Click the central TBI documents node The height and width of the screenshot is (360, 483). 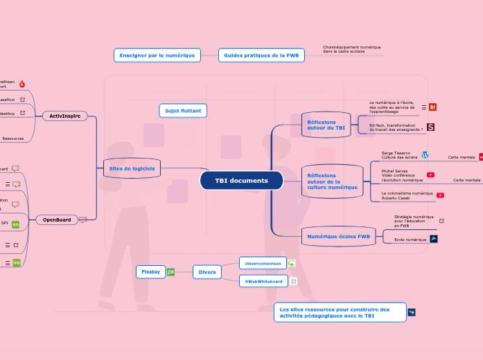[x=241, y=181]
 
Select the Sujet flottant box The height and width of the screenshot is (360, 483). [x=183, y=111]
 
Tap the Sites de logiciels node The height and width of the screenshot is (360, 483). [x=132, y=168]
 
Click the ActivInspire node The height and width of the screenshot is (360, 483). [x=64, y=116]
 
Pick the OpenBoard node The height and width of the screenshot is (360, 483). [x=57, y=219]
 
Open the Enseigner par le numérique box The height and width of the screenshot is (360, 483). [x=157, y=55]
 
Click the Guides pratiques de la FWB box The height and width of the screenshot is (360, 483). [x=261, y=55]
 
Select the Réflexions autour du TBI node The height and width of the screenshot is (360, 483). [x=326, y=125]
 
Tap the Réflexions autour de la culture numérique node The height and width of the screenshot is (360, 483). [x=332, y=181]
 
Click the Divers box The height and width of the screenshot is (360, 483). [x=207, y=272]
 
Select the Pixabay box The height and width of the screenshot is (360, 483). [x=150, y=272]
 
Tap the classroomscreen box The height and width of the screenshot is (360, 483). [x=261, y=263]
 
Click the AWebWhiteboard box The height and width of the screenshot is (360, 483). [x=263, y=282]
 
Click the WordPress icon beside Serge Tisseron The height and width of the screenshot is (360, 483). [x=425, y=155]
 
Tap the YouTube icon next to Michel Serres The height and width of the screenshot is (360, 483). [x=430, y=175]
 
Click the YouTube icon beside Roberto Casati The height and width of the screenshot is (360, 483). [x=440, y=196]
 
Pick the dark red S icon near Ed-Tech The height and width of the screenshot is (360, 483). [x=430, y=127]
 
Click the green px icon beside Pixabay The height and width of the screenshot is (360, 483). [x=170, y=272]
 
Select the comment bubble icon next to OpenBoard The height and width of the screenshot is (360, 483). [x=83, y=220]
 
